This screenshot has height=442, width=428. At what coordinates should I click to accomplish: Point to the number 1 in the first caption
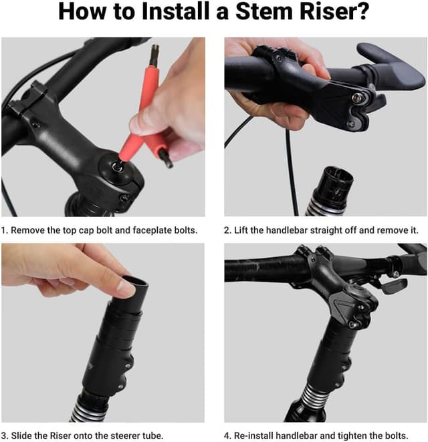[4, 230]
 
